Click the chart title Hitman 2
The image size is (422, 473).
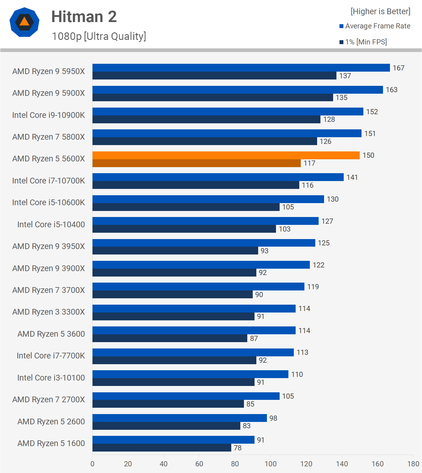84,17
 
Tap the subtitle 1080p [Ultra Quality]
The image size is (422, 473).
99,36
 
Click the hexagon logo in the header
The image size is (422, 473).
24,22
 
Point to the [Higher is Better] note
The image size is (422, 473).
380,11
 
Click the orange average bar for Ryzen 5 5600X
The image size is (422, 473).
226,155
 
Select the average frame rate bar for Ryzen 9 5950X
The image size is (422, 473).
241,68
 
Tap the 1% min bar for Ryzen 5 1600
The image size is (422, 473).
162,448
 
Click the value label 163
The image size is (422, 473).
391,90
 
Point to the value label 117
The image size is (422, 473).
309,163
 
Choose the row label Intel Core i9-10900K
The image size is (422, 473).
48,115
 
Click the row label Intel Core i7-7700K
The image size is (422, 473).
51,356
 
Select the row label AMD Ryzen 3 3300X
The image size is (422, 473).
48,312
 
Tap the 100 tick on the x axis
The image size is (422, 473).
271,464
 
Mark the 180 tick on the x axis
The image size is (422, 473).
413,464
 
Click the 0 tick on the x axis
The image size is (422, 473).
92,464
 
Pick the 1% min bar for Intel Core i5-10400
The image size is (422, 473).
184,229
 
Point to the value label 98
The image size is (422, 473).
273,418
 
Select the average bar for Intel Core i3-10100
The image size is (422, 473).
190,374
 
